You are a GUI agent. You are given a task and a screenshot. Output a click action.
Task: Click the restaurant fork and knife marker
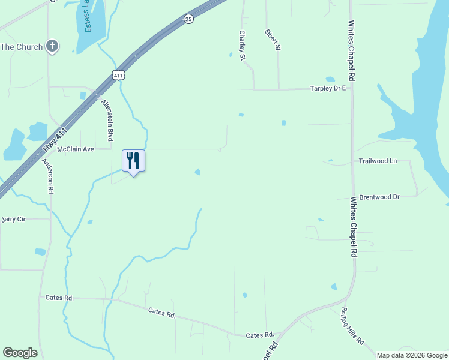coord(133,161)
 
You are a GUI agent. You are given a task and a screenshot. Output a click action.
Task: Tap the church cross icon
coord(52,46)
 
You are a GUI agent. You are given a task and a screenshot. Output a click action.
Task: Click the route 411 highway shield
coord(118,75)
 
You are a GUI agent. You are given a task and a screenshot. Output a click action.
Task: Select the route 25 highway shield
coord(188,19)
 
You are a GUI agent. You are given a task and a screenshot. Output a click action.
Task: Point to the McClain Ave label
coord(76,149)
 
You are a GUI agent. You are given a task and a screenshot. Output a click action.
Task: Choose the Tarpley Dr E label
coord(328,88)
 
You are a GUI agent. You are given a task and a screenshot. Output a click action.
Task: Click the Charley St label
coord(243,46)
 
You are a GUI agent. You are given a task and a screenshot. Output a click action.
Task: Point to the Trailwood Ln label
coord(378,161)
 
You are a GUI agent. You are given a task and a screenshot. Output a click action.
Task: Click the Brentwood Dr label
coord(379,197)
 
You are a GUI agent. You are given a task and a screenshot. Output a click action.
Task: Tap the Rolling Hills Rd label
coord(352,325)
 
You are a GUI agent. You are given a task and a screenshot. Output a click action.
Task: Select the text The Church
coord(22,47)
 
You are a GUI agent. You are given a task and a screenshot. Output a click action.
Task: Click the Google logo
coord(20,353)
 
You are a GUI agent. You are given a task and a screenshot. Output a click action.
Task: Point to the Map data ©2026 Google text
coord(411,355)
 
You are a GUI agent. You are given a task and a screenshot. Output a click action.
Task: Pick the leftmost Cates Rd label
coord(59,297)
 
